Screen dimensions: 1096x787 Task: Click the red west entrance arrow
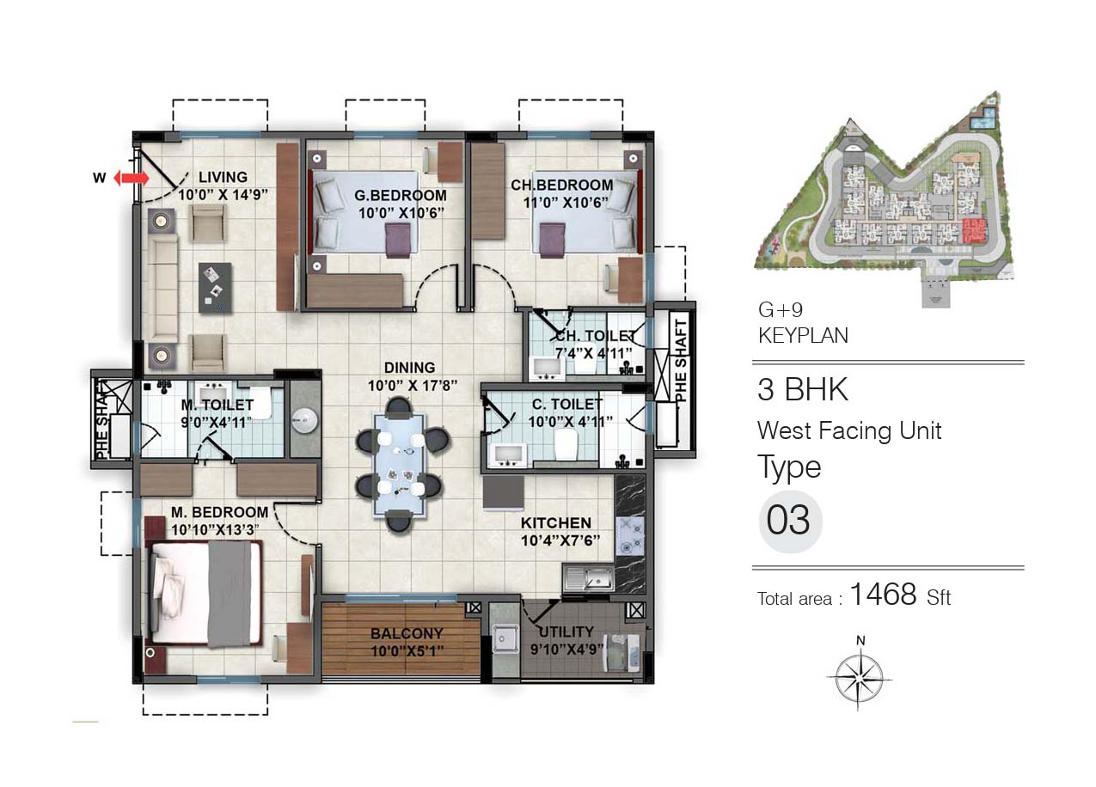[x=132, y=178]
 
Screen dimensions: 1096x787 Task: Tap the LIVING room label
[x=223, y=177]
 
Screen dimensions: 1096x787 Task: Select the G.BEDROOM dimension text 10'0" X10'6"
[x=401, y=213]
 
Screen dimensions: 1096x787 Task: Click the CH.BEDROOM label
[x=561, y=185]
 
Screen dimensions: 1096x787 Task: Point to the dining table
[x=400, y=465]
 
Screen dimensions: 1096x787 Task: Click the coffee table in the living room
[x=215, y=288]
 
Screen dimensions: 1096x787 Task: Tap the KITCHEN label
[x=556, y=523]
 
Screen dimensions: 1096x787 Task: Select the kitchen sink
[x=589, y=578]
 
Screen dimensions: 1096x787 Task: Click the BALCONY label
[x=407, y=633]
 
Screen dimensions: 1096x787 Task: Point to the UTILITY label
[x=566, y=631]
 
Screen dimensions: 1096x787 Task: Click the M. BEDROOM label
[x=220, y=512]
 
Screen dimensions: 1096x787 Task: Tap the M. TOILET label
[x=217, y=405]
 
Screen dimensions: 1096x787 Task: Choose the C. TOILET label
[x=567, y=404]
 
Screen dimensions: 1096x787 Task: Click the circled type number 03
[x=790, y=522]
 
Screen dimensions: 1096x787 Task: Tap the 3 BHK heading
[x=802, y=389]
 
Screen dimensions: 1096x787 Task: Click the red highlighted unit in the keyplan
[x=974, y=231]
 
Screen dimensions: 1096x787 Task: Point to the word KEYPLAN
[x=803, y=336]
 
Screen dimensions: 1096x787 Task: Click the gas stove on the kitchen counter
[x=629, y=535]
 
